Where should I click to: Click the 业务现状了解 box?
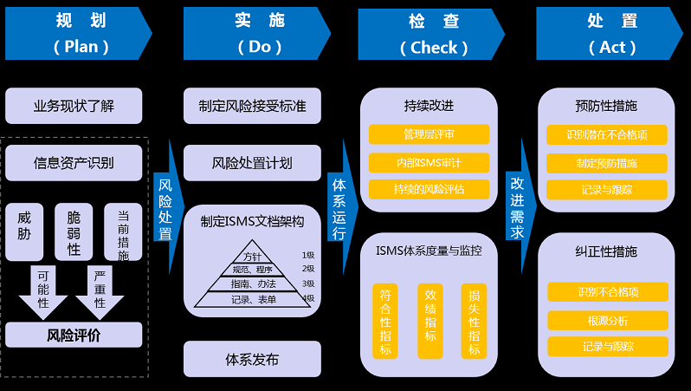click(x=74, y=107)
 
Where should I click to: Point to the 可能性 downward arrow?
click(x=42, y=290)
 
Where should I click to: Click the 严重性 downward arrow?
click(x=100, y=290)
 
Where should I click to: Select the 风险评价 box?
click(x=74, y=336)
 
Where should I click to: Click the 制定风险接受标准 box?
click(x=252, y=107)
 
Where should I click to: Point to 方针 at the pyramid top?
click(x=252, y=257)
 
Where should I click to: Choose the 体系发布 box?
click(x=252, y=359)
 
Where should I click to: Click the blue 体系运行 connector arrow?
click(x=339, y=209)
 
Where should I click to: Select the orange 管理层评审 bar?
click(x=429, y=134)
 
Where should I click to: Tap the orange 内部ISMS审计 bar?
click(x=429, y=162)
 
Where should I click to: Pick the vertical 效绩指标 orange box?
click(x=429, y=321)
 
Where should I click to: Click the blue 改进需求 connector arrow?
click(x=518, y=209)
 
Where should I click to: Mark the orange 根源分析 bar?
click(x=608, y=320)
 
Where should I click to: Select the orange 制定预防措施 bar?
click(x=607, y=163)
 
